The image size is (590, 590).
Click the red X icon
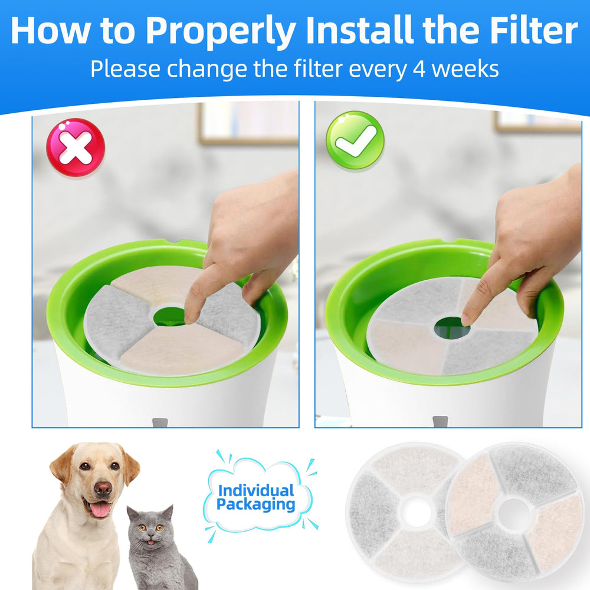point(76,147)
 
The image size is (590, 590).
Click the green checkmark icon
point(355,140)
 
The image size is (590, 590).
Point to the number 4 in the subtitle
point(419,69)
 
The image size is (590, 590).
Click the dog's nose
point(103,488)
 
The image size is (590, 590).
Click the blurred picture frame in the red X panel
point(249,123)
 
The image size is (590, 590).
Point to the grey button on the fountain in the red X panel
point(160,422)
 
